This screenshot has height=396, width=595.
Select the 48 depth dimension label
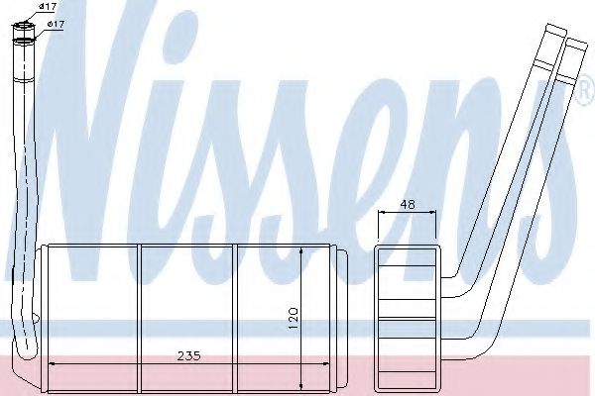click(407, 205)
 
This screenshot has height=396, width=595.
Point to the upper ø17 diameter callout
click(47, 8)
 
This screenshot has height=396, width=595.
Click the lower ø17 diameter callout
click(57, 24)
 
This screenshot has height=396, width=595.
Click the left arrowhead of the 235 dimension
click(53, 364)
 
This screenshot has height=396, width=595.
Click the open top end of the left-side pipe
click(22, 39)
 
